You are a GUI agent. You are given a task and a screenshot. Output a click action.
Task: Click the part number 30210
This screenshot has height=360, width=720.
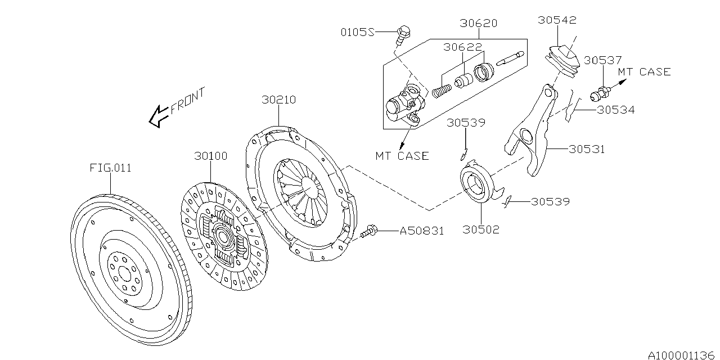(278, 100)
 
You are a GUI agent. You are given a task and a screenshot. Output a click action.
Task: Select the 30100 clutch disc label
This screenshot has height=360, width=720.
(211, 156)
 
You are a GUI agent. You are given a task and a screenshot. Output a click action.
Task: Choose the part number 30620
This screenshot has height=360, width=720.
(479, 24)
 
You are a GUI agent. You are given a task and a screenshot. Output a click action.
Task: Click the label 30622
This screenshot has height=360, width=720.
(462, 48)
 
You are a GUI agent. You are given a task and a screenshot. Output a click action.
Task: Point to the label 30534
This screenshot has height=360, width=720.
(615, 110)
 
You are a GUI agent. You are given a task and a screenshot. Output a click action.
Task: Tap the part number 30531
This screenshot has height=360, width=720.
(587, 149)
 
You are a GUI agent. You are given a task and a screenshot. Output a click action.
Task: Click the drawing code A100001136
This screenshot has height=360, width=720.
(681, 355)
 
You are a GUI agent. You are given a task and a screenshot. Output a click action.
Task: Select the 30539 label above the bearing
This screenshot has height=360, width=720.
(466, 123)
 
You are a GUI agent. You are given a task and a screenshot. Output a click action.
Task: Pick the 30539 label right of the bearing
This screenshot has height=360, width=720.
(551, 201)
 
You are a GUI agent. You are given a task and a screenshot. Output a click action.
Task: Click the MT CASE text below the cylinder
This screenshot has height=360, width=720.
(402, 156)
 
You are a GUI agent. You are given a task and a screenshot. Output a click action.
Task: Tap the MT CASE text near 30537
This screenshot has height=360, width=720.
(644, 72)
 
